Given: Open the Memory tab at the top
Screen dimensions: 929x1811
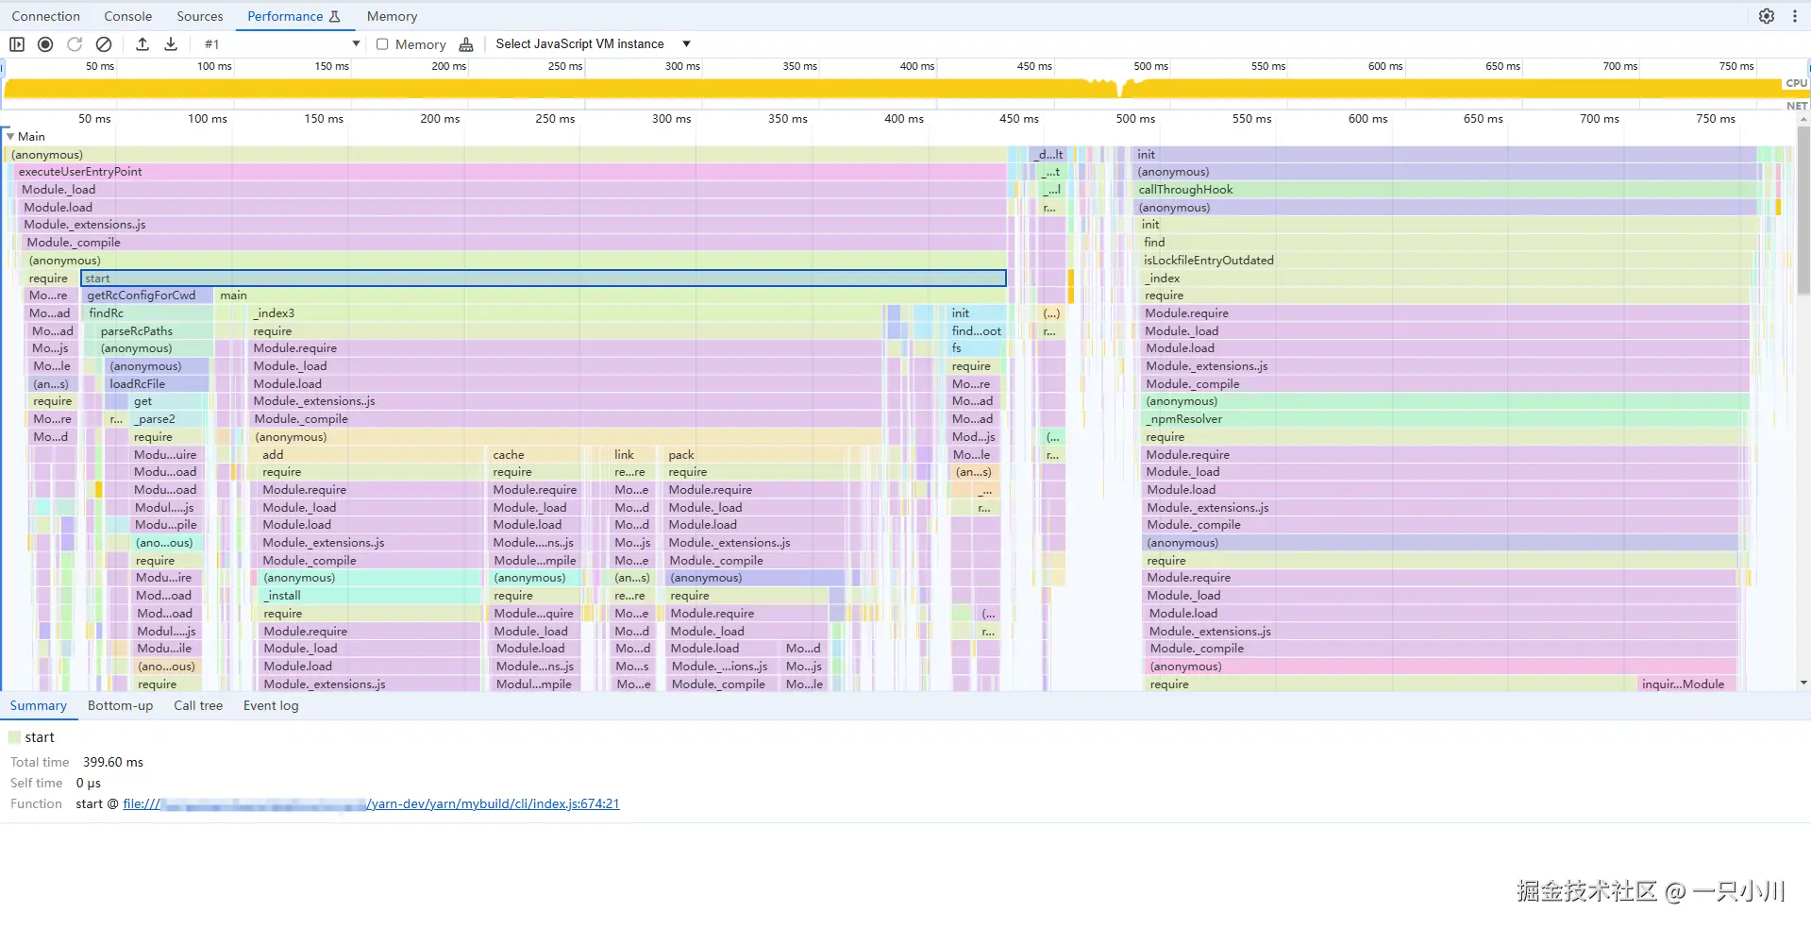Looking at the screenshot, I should [392, 16].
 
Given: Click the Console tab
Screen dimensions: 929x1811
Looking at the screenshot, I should [127, 16].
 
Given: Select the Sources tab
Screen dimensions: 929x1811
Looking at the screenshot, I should [200, 16].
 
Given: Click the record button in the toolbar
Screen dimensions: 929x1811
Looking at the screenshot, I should [45, 44].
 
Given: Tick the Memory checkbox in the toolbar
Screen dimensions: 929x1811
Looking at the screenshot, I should [382, 44].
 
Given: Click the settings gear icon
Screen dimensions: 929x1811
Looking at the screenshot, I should [1766, 16].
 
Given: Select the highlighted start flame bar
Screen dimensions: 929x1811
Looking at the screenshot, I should [543, 279].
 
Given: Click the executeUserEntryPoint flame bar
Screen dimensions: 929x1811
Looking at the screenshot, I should [510, 172].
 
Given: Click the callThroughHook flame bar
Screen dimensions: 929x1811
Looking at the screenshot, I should [1444, 190].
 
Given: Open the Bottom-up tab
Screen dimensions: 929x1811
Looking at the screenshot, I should [120, 705].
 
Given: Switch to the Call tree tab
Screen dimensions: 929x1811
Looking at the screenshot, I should [198, 705].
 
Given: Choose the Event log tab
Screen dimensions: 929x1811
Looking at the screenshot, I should [271, 705].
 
